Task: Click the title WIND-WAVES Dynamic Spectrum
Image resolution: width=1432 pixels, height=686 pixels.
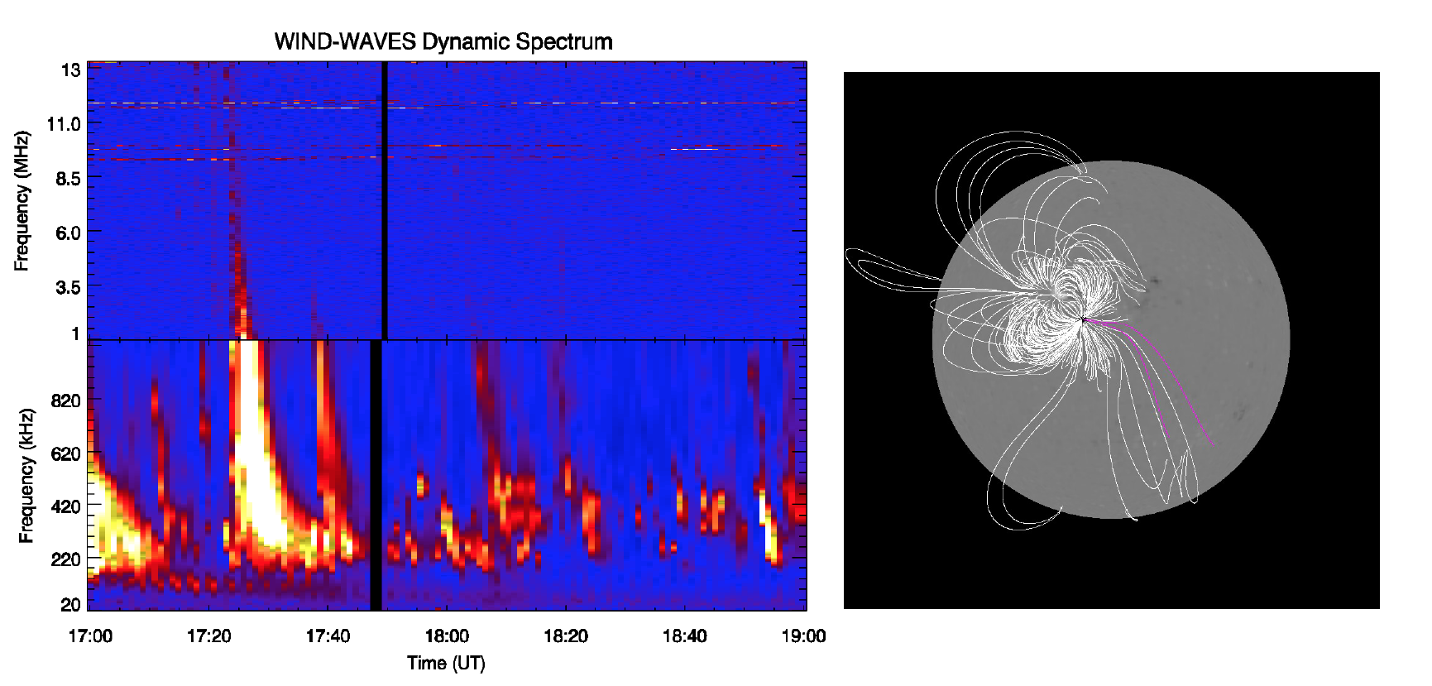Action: [x=443, y=41]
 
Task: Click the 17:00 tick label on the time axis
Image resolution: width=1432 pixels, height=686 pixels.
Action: [x=90, y=636]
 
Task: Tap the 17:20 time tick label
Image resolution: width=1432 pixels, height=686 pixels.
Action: [x=208, y=636]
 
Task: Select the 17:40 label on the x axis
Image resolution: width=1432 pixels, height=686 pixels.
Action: [x=328, y=636]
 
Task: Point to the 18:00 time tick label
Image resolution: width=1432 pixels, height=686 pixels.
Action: [x=447, y=636]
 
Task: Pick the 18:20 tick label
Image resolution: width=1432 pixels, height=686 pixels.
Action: [x=566, y=636]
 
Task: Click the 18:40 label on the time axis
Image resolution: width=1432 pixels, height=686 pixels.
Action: [x=685, y=636]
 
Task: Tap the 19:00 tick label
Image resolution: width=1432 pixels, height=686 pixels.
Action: [x=804, y=636]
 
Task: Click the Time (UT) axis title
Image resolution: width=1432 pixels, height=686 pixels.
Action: [x=446, y=663]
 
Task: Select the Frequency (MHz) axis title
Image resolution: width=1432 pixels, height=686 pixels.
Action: [x=22, y=200]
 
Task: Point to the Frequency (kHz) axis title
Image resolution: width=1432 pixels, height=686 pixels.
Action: [x=26, y=475]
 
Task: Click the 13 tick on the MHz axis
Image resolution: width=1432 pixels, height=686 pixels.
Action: [x=70, y=70]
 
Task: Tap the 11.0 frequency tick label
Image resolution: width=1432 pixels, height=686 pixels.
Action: [x=64, y=124]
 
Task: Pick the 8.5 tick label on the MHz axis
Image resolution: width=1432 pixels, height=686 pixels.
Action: [x=68, y=179]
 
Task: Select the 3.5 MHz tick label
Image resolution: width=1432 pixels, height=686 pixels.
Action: [x=68, y=287]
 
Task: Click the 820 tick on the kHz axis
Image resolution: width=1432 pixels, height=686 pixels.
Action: [x=65, y=401]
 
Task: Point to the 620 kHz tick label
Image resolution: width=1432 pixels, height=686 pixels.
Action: [x=65, y=453]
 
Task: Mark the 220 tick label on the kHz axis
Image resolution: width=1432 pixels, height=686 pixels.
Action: [x=65, y=559]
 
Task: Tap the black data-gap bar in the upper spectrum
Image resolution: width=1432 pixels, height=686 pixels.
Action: [x=385, y=200]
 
